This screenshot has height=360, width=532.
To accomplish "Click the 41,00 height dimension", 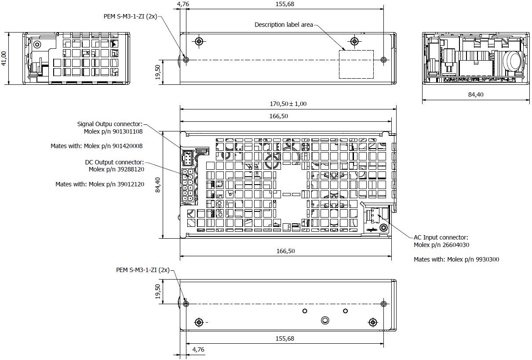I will [4, 58].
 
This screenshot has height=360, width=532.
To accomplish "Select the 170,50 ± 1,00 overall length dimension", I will [288, 104].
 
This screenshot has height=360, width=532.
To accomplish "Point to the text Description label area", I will [284, 25].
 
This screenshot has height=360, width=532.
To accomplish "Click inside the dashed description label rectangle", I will [356, 64].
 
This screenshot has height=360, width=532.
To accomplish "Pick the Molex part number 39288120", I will [129, 169].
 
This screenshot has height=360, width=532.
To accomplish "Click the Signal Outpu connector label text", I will [110, 124].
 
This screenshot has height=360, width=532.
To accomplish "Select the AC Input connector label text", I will [441, 237].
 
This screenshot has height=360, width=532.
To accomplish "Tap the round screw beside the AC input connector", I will [384, 228].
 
